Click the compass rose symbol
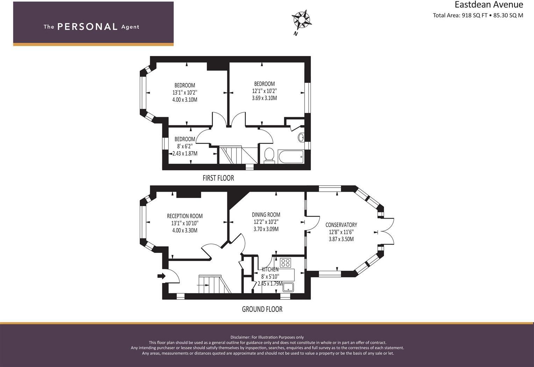(301, 20)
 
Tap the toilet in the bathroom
(269, 156)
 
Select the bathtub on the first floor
(291, 156)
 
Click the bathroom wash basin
(301, 137)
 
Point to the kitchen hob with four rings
(285, 262)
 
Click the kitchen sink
(289, 287)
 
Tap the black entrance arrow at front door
(161, 276)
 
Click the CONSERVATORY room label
(341, 225)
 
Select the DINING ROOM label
(266, 215)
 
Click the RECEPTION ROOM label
(185, 216)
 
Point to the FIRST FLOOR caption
(218, 178)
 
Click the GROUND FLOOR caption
(262, 309)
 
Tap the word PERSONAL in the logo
(87, 27)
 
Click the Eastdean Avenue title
(489, 5)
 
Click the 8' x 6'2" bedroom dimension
(185, 146)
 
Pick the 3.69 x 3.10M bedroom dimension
(264, 98)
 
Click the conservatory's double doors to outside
(387, 232)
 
